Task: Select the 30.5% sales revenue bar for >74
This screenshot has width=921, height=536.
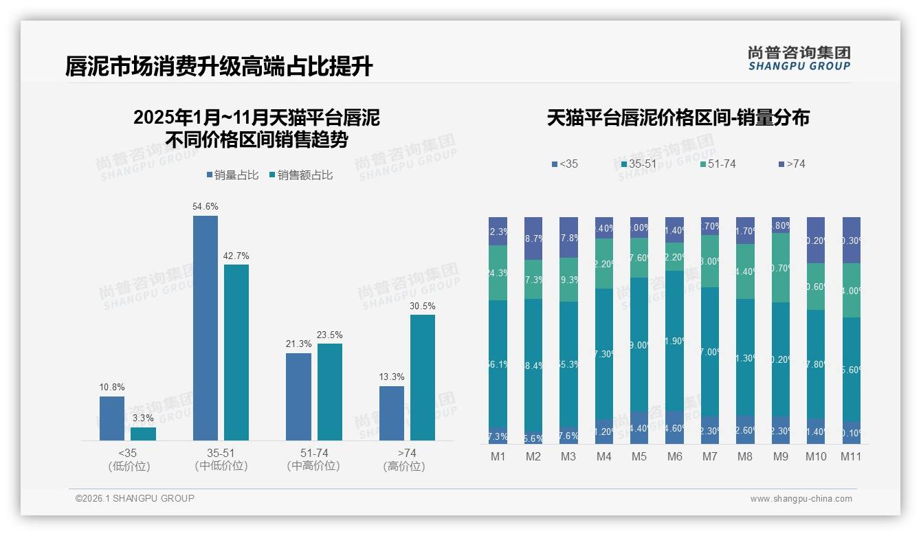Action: coord(423,377)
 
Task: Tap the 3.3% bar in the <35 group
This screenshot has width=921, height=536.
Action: coord(143,434)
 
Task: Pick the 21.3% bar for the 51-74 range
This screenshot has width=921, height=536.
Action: coord(298,397)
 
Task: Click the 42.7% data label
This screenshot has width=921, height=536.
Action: coord(236,256)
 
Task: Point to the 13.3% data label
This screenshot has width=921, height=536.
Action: coord(391,377)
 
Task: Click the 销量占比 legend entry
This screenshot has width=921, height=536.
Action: coord(232,175)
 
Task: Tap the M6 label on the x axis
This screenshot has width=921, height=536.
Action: coord(674,457)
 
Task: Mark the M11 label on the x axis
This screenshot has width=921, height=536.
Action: coord(851,457)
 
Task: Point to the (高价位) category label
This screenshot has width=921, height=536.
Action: coord(403,466)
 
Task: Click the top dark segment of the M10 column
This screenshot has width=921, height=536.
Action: coord(816,241)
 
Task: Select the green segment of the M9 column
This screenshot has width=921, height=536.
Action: coord(780,267)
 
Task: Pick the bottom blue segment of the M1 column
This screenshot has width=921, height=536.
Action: coord(498,436)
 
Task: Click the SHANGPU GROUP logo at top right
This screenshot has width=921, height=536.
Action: coord(799,58)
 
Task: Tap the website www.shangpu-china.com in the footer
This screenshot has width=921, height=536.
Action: coord(801,499)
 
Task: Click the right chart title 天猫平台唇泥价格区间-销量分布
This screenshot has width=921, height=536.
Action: coord(678,118)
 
